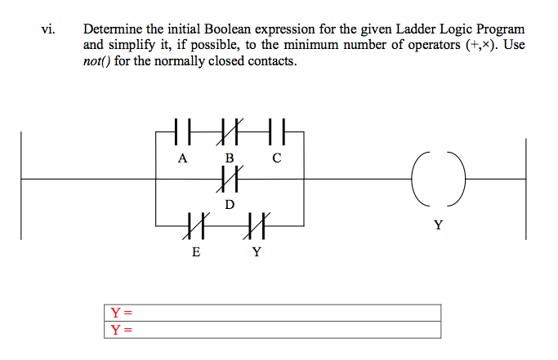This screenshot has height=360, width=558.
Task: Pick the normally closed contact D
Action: click(230, 177)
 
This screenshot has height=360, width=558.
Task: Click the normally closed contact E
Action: click(194, 223)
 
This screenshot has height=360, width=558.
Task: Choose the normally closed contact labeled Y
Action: click(256, 223)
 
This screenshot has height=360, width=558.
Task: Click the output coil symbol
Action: click(438, 177)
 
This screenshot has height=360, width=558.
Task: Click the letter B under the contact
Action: click(230, 158)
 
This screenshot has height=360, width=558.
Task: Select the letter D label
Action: click(230, 203)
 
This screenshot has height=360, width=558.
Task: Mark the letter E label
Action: click(194, 251)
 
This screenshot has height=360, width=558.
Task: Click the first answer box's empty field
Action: click(286, 313)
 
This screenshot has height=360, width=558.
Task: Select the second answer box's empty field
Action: click(286, 330)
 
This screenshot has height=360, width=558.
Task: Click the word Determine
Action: click(111, 29)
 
